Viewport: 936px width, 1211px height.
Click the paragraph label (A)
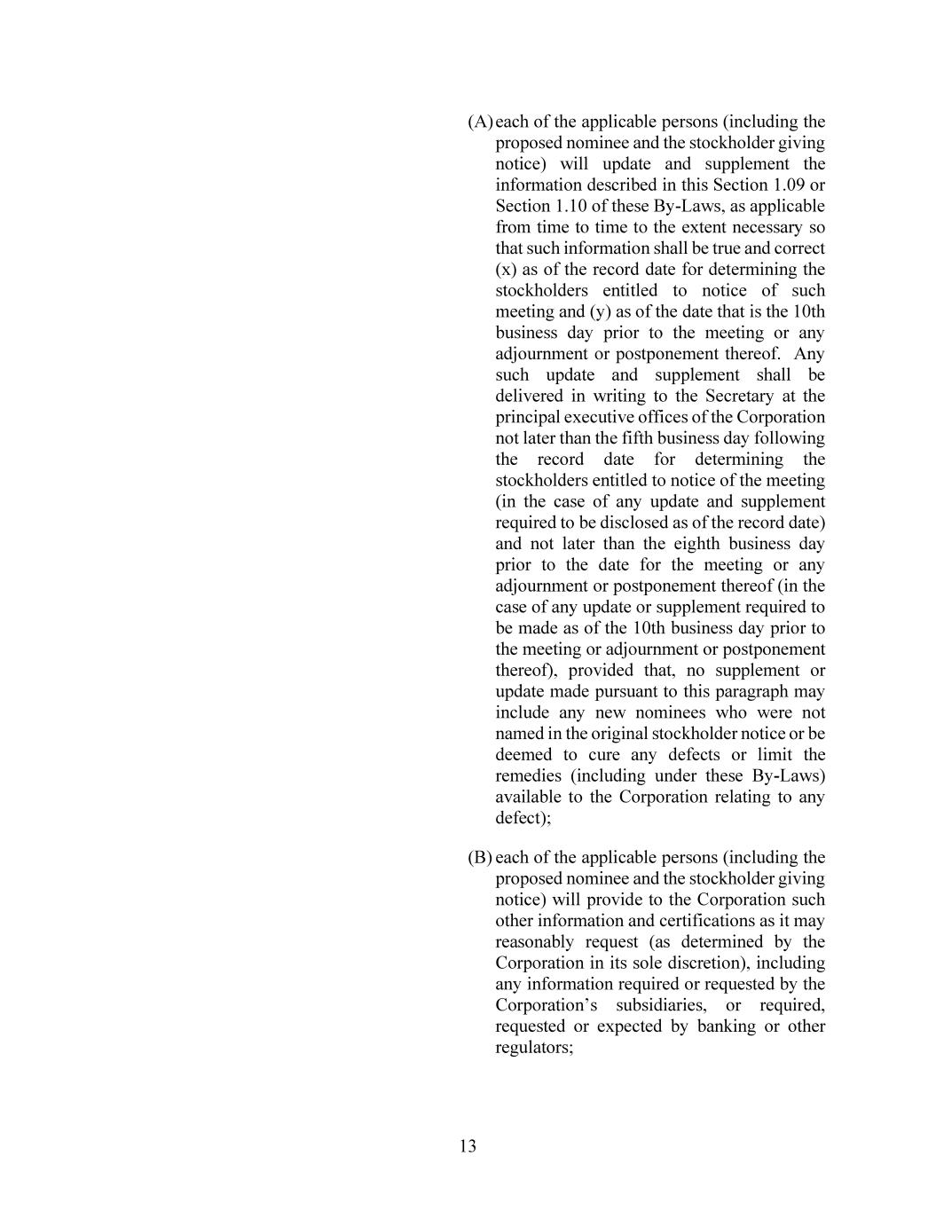click(480, 122)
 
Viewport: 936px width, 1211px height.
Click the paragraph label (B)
click(480, 858)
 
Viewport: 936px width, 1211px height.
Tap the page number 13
click(468, 1146)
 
